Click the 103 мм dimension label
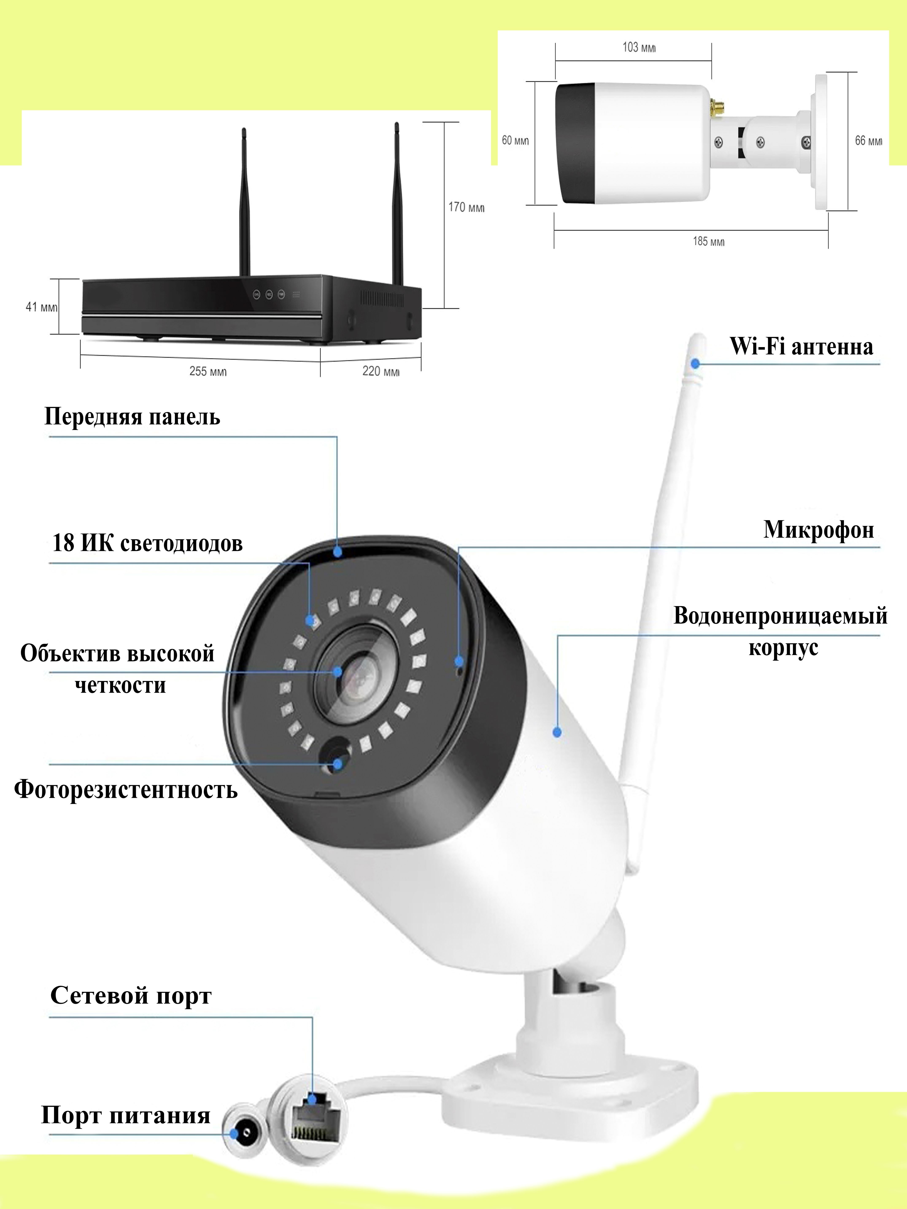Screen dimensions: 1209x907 (x=638, y=47)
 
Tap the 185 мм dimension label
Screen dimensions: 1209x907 (x=709, y=241)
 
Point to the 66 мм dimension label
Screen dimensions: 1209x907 (x=868, y=141)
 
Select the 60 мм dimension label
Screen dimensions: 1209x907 (x=515, y=140)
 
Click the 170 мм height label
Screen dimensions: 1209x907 (x=466, y=207)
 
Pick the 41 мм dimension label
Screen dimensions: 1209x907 (x=41, y=307)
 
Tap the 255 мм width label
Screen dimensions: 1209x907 (x=208, y=371)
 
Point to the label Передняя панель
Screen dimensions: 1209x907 (x=132, y=416)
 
